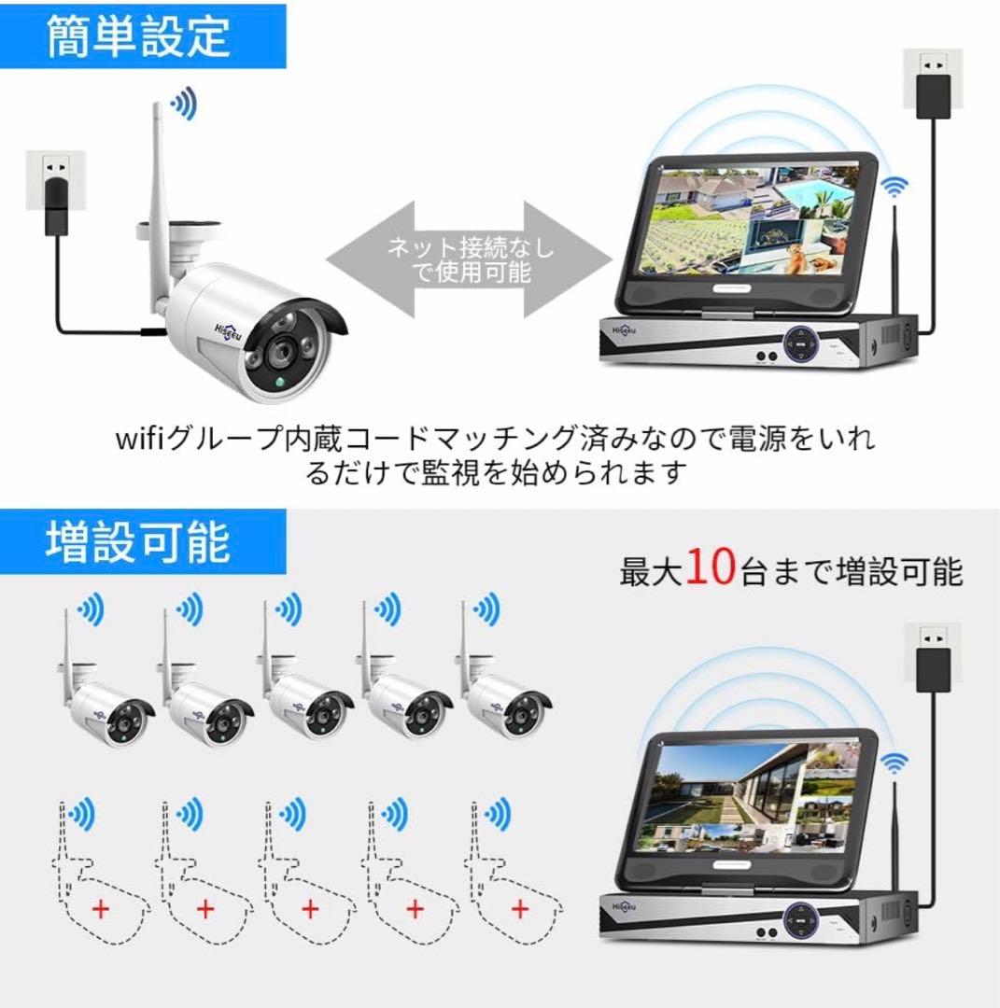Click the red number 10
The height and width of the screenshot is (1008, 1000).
(x=711, y=567)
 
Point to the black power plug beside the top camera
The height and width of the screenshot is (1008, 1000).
(x=53, y=206)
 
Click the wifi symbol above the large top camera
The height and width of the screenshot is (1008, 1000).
(x=183, y=105)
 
